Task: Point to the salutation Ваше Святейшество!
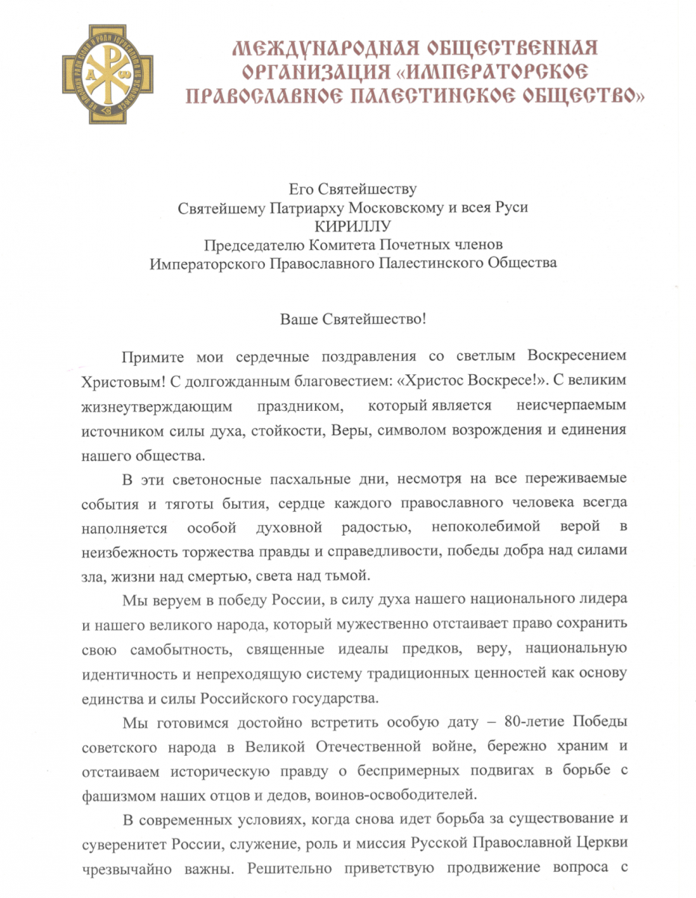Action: (x=352, y=318)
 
